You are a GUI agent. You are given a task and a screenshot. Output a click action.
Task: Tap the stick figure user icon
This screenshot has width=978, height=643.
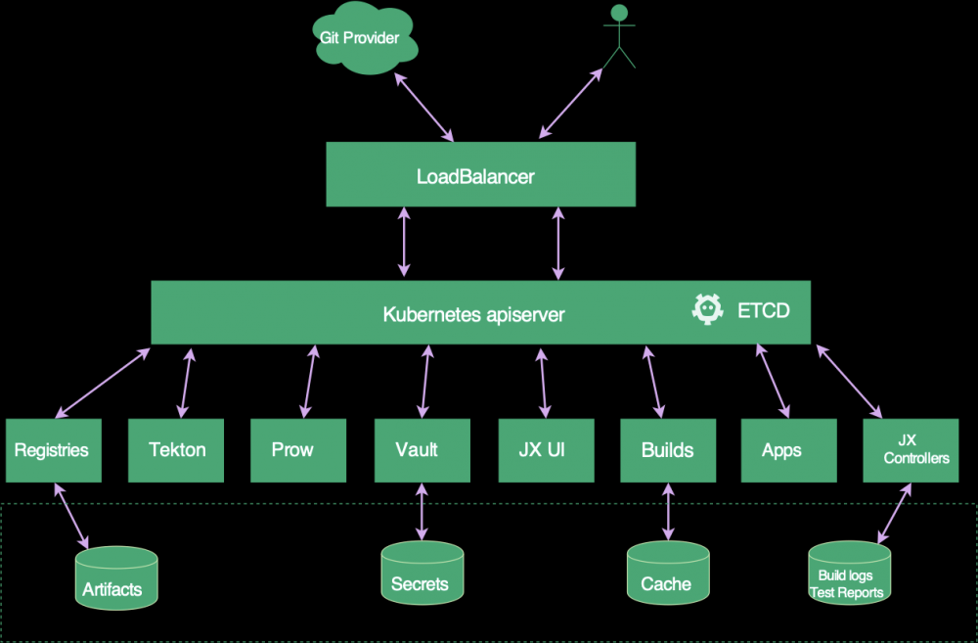click(x=617, y=37)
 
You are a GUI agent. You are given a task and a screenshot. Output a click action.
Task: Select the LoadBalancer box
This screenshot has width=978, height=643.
click(x=480, y=176)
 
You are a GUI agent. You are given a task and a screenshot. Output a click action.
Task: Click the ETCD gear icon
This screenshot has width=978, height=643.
click(x=708, y=310)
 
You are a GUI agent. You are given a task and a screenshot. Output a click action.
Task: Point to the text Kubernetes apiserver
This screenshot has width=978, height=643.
click(x=473, y=315)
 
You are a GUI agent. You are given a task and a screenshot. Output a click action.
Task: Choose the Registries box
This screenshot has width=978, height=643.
click(x=54, y=450)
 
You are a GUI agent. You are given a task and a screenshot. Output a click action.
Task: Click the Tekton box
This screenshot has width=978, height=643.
click(x=177, y=450)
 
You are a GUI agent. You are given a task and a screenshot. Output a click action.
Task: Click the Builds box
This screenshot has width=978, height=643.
click(x=668, y=450)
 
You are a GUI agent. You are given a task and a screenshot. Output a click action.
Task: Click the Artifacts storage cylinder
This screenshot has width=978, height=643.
click(x=116, y=578)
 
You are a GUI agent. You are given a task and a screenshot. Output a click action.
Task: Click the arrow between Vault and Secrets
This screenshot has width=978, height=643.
click(x=422, y=511)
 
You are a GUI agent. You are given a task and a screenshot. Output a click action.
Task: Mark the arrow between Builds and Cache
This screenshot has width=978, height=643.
click(x=668, y=511)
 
